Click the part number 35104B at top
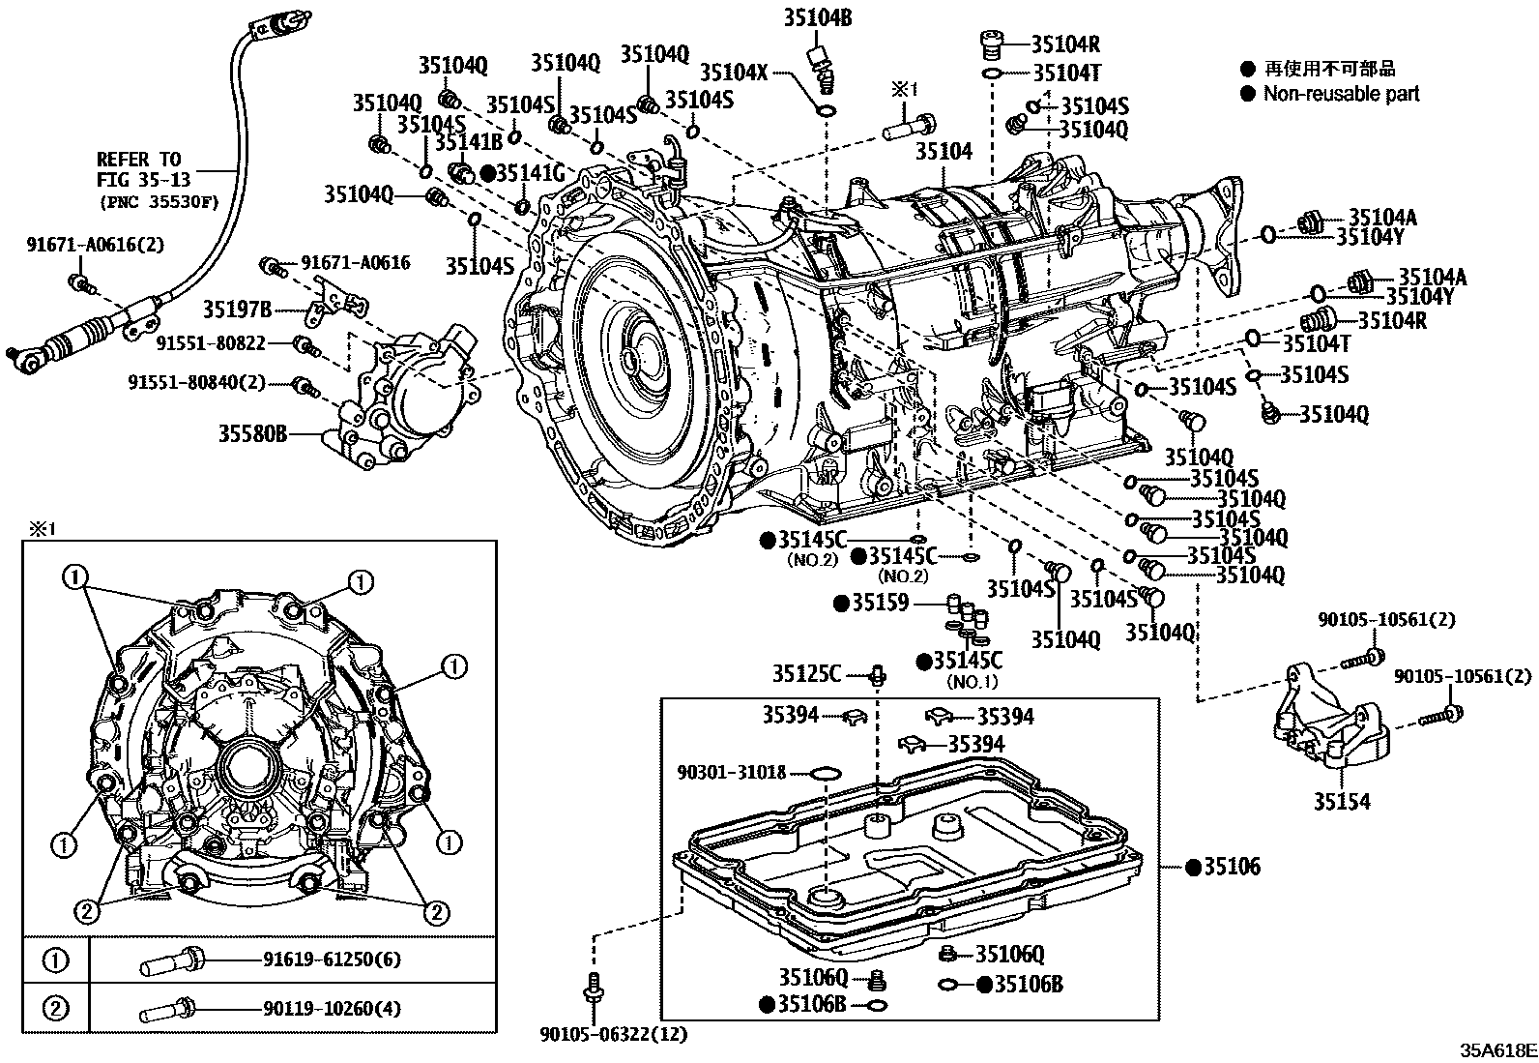click(x=817, y=16)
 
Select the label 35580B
click(x=252, y=434)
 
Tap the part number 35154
click(x=1341, y=802)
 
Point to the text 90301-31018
click(x=732, y=773)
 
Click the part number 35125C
click(x=806, y=673)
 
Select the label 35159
click(x=880, y=604)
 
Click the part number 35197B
click(x=237, y=310)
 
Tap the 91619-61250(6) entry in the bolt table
click(x=331, y=960)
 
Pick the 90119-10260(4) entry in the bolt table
click(x=331, y=1010)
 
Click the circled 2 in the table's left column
click(x=55, y=1009)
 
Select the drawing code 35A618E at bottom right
click(x=1497, y=1049)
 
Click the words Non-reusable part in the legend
click(x=1341, y=94)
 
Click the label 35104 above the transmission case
click(x=944, y=151)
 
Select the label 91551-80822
click(x=210, y=341)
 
